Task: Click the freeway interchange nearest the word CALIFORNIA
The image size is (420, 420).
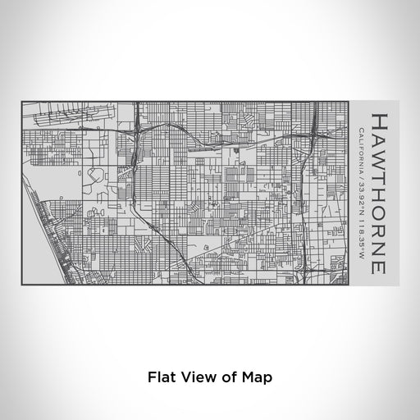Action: point(315,131)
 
